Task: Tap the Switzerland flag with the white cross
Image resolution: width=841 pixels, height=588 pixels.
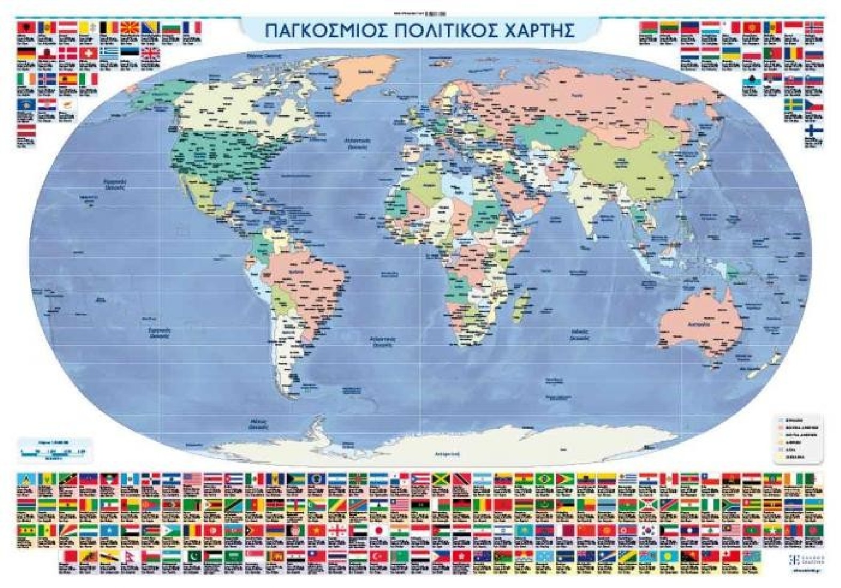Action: (88, 54)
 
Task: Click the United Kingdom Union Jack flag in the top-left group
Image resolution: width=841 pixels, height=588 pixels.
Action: (150, 54)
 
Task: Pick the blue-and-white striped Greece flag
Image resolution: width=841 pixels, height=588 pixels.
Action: (111, 54)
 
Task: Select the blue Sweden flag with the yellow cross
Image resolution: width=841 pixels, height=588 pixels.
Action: (793, 105)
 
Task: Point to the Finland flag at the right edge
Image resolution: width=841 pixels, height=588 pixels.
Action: (814, 131)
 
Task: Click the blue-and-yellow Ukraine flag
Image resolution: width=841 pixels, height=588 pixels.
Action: (731, 54)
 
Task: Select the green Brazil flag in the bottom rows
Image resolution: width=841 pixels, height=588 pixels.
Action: (545, 478)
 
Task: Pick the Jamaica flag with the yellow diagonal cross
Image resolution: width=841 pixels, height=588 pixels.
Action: (441, 478)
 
